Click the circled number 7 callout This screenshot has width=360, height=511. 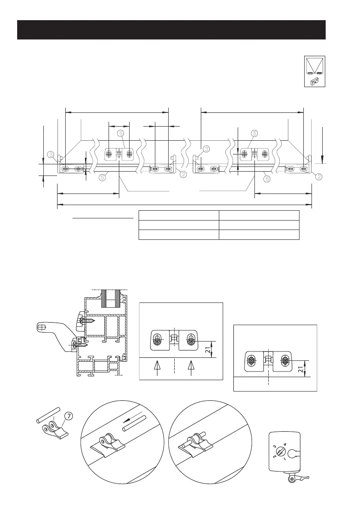[x=68, y=415]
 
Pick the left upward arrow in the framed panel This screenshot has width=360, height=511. [x=157, y=367]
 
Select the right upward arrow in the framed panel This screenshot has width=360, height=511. [x=191, y=367]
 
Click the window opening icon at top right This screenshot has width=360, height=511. [x=315, y=71]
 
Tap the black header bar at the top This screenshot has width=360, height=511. [x=171, y=29]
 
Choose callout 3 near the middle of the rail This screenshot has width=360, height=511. [x=206, y=148]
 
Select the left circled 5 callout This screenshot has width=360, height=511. [x=121, y=133]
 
